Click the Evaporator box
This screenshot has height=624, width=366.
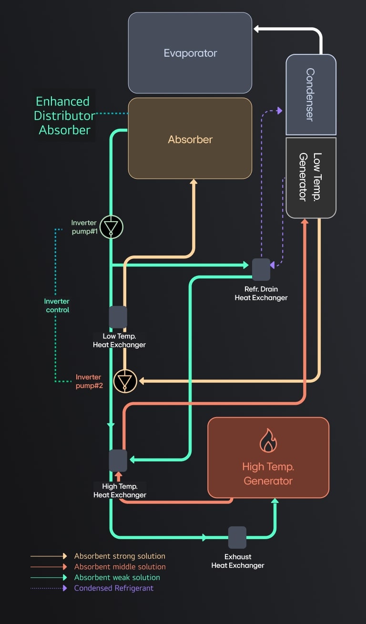pyautogui.click(x=190, y=53)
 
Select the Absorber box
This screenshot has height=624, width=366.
pyautogui.click(x=190, y=139)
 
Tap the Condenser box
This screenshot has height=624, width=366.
pyautogui.click(x=311, y=94)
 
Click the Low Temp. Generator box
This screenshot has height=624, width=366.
pyautogui.click(x=311, y=177)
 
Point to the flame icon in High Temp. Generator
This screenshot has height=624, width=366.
pyautogui.click(x=268, y=441)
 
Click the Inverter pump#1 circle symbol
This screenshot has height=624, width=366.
pyautogui.click(x=111, y=227)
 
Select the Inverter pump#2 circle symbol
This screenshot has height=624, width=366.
pyautogui.click(x=125, y=381)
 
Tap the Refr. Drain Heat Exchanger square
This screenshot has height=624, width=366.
pyautogui.click(x=261, y=270)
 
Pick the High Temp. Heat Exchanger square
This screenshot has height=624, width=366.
pyautogui.click(x=118, y=460)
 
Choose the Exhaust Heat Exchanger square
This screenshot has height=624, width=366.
pyautogui.click(x=237, y=537)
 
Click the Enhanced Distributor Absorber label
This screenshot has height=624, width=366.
pyautogui.click(x=64, y=115)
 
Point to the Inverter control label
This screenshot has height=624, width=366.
pyautogui.click(x=57, y=306)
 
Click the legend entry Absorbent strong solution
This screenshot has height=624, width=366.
pyautogui.click(x=120, y=556)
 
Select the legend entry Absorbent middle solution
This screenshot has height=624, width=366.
pyautogui.click(x=120, y=567)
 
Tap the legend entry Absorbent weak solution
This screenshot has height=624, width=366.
pyautogui.click(x=117, y=577)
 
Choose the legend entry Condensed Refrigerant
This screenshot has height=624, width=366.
pyautogui.click(x=114, y=588)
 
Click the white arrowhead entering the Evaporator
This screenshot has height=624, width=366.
pyautogui.click(x=256, y=29)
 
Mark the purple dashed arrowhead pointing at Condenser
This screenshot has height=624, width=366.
pyautogui.click(x=279, y=111)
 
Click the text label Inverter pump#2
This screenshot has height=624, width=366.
pyautogui.click(x=89, y=381)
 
